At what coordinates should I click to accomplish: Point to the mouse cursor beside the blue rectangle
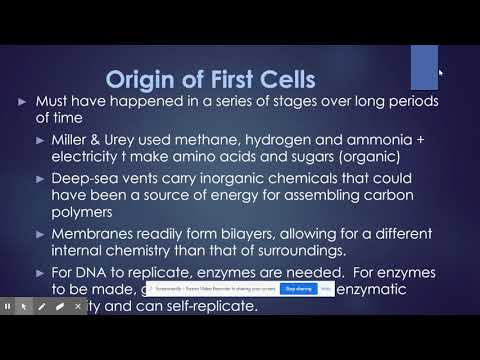[441, 72]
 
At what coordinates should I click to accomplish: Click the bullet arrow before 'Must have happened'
[24, 104]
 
